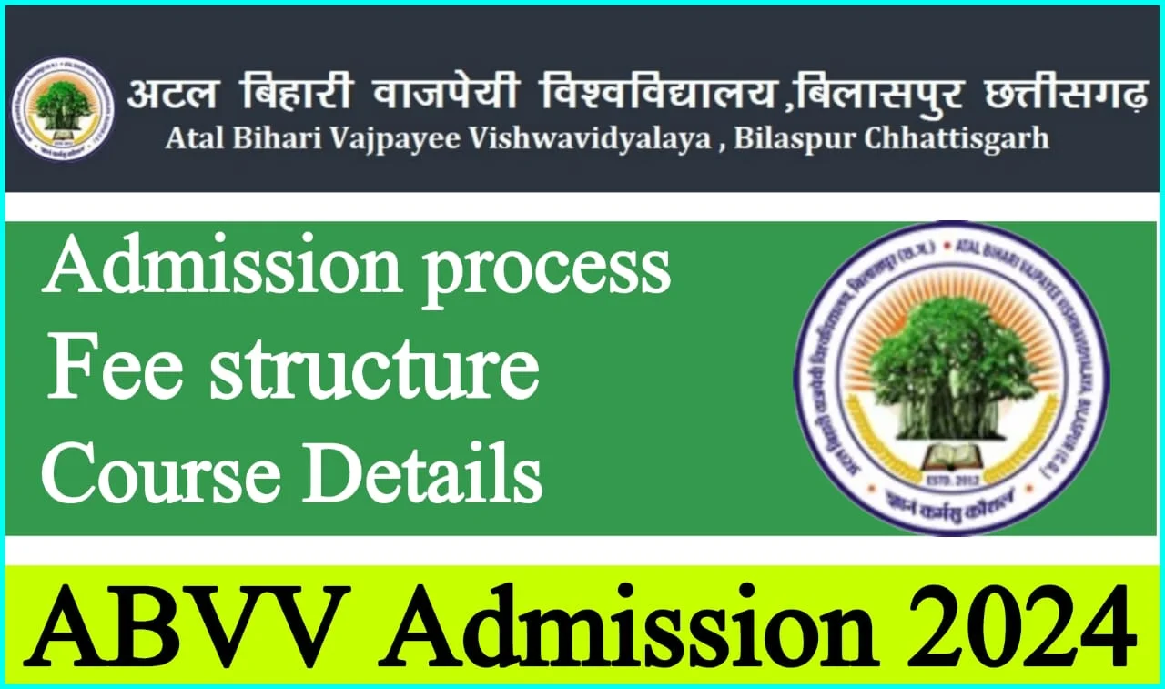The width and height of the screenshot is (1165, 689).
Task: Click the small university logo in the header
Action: tap(62, 108)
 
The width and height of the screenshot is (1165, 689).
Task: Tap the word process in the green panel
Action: tap(546, 270)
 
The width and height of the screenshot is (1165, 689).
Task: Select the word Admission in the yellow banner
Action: tap(628, 629)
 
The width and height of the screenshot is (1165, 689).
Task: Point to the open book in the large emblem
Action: tap(952, 452)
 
